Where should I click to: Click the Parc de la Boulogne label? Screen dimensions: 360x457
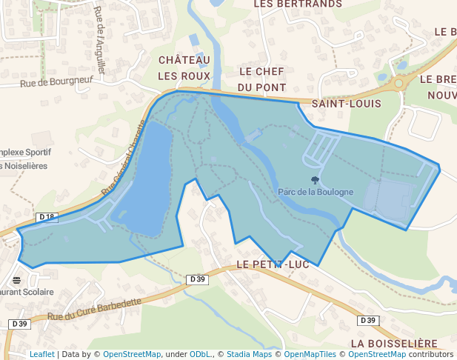(x=316, y=192)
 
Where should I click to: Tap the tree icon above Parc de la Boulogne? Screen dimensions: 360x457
(x=316, y=180)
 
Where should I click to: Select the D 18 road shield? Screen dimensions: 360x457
(x=47, y=217)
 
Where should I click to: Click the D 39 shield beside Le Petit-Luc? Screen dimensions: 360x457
(x=197, y=279)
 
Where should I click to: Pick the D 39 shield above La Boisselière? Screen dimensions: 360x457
(x=368, y=320)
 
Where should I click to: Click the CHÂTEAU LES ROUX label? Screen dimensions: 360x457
(x=184, y=67)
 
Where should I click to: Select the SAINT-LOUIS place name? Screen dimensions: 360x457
(x=346, y=104)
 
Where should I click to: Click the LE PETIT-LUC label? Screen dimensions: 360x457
(x=275, y=264)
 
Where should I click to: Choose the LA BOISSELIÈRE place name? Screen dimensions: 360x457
(x=395, y=344)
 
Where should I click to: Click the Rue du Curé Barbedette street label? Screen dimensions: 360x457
(x=94, y=310)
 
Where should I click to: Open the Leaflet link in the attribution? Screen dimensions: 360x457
(x=41, y=354)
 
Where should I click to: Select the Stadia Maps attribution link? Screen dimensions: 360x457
(x=249, y=354)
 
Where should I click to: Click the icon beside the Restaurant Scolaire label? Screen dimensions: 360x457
(x=16, y=280)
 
